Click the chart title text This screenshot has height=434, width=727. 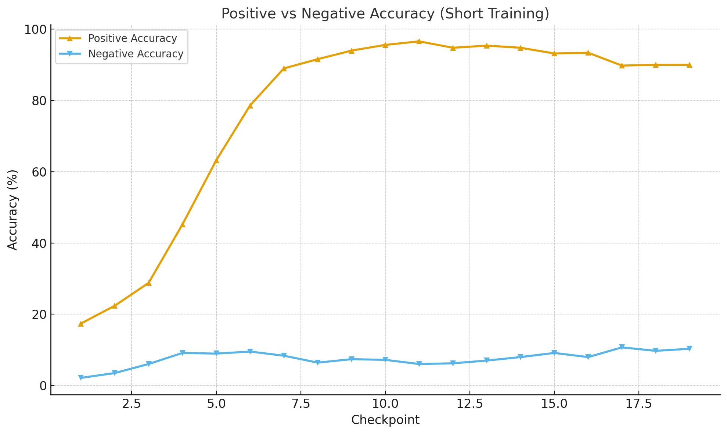coord(385,14)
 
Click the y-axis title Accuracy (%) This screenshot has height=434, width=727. coord(13,210)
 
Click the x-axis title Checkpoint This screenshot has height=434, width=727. coord(385,420)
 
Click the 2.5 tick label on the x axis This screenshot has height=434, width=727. coord(132,404)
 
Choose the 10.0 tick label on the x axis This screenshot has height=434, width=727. coord(385,404)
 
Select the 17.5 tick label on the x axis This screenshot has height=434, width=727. coord(638,404)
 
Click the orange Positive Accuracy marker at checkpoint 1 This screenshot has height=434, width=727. coord(81,324)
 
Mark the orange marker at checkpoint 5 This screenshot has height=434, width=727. coord(216,160)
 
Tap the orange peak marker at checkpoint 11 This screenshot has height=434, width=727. coord(419,41)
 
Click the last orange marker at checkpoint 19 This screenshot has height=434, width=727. coord(689,65)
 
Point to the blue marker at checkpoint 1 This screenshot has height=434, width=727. coord(81,378)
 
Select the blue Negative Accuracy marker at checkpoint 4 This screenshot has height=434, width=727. coord(183,353)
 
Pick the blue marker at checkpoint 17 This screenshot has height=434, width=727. coord(622,348)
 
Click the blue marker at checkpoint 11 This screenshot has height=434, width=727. coord(419,364)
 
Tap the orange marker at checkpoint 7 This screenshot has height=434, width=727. coord(284,68)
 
